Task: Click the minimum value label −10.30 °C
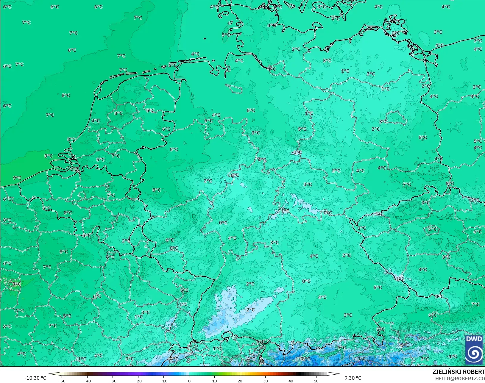tap(35, 378)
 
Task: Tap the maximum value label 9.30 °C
tap(353, 378)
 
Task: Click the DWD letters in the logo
tap(474, 339)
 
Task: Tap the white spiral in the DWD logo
tap(474, 353)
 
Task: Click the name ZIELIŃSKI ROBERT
tap(459, 372)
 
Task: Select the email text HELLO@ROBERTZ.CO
tap(460, 379)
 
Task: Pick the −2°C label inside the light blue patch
tap(250, 309)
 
